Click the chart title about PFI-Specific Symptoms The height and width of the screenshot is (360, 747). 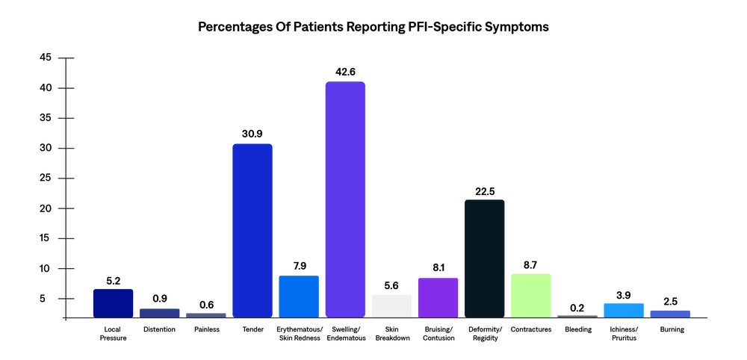pyautogui.click(x=373, y=27)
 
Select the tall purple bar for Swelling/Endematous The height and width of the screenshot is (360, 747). pyautogui.click(x=345, y=200)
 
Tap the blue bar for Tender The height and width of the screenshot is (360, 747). pyautogui.click(x=252, y=231)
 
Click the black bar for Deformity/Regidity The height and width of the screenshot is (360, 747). pyautogui.click(x=484, y=258)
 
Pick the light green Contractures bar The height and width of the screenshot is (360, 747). pyautogui.click(x=530, y=296)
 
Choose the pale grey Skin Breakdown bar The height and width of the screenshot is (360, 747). pyautogui.click(x=391, y=306)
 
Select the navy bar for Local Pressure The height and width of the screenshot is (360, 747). pyautogui.click(x=113, y=303)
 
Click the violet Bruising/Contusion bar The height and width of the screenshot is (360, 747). pyautogui.click(x=438, y=298)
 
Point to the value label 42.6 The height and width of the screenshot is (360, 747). pyautogui.click(x=345, y=72)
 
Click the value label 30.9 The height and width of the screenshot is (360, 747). pyautogui.click(x=252, y=134)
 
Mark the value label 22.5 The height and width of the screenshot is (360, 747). pyautogui.click(x=484, y=190)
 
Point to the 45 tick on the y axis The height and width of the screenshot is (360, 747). pyautogui.click(x=46, y=58)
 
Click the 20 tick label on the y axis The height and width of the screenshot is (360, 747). pyautogui.click(x=46, y=208)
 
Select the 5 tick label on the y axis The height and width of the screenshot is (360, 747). pyautogui.click(x=48, y=299)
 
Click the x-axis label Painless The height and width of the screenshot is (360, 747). pyautogui.click(x=205, y=329)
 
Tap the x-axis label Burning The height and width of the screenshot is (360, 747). pyautogui.click(x=670, y=329)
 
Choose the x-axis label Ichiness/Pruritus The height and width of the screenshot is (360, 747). pyautogui.click(x=624, y=334)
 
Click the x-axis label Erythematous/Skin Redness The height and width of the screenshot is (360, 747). pyautogui.click(x=299, y=334)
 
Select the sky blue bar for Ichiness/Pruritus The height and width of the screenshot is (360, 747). pyautogui.click(x=624, y=311)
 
